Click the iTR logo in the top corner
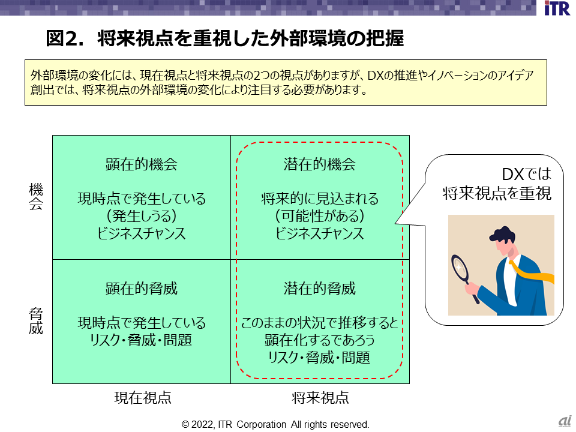point(557,8)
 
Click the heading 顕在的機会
point(142,164)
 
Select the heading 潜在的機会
point(320,164)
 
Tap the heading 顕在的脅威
point(142,289)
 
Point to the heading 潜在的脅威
point(320,289)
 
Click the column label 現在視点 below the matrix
point(143,397)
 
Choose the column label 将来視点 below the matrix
point(320,397)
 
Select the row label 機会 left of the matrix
point(36,197)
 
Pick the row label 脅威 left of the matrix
point(36,320)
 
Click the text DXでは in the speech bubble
point(526,174)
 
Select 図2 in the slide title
point(62,38)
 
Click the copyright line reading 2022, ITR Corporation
point(275,424)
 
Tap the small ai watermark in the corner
point(565,421)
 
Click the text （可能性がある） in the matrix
point(320,216)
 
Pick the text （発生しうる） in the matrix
point(142,216)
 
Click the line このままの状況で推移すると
point(320,323)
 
